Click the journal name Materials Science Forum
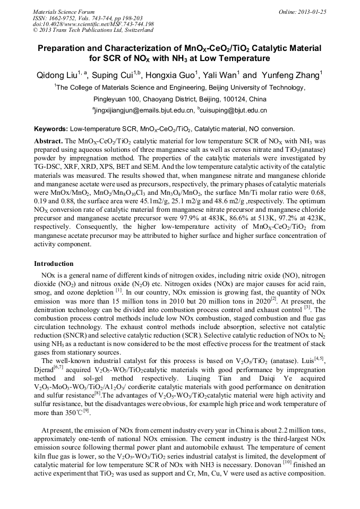click(x=64, y=12)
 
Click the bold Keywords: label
click(x=51, y=129)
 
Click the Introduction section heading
click(x=54, y=264)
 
